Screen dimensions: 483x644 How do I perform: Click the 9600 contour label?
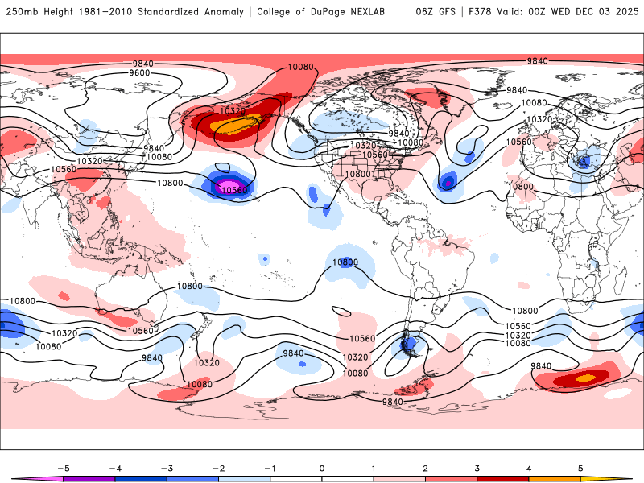[x=139, y=73]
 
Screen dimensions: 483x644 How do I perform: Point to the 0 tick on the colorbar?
[x=321, y=468]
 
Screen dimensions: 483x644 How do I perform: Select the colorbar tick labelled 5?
[x=580, y=468]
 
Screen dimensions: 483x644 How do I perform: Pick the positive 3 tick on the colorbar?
[x=477, y=468]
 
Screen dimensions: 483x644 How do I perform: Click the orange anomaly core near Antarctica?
[x=585, y=377]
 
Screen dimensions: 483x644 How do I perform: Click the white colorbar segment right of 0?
[x=347, y=477]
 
